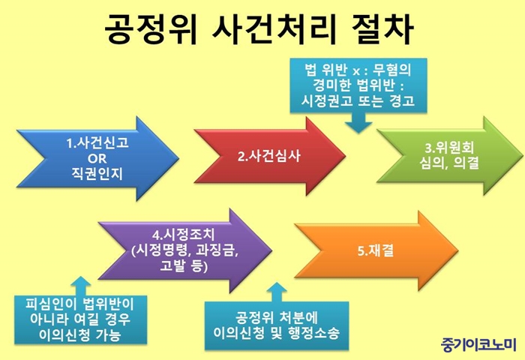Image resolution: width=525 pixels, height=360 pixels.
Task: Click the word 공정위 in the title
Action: (x=151, y=28)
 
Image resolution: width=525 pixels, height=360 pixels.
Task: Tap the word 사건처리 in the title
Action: (x=274, y=28)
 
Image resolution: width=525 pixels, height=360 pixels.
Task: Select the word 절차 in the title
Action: (x=382, y=28)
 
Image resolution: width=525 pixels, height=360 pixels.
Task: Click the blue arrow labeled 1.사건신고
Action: (x=97, y=158)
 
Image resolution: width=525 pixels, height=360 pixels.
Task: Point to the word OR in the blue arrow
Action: (x=97, y=158)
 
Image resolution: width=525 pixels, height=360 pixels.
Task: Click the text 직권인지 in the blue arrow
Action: (x=97, y=174)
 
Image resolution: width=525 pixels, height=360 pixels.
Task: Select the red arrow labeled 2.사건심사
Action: (x=269, y=157)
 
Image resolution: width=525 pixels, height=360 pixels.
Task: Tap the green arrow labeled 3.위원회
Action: (x=449, y=156)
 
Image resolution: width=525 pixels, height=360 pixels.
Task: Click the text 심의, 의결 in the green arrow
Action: (x=449, y=163)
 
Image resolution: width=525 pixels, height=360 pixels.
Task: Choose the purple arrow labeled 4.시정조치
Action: (x=184, y=250)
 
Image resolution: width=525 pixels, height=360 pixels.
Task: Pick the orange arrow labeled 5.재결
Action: (x=376, y=250)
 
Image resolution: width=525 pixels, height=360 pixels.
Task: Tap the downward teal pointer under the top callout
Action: (x=358, y=122)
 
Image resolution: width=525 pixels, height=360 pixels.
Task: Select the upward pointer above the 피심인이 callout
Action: (x=81, y=286)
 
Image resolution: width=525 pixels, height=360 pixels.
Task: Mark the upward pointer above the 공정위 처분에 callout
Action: (x=277, y=292)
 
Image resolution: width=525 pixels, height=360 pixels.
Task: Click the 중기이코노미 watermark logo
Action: (x=478, y=344)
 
